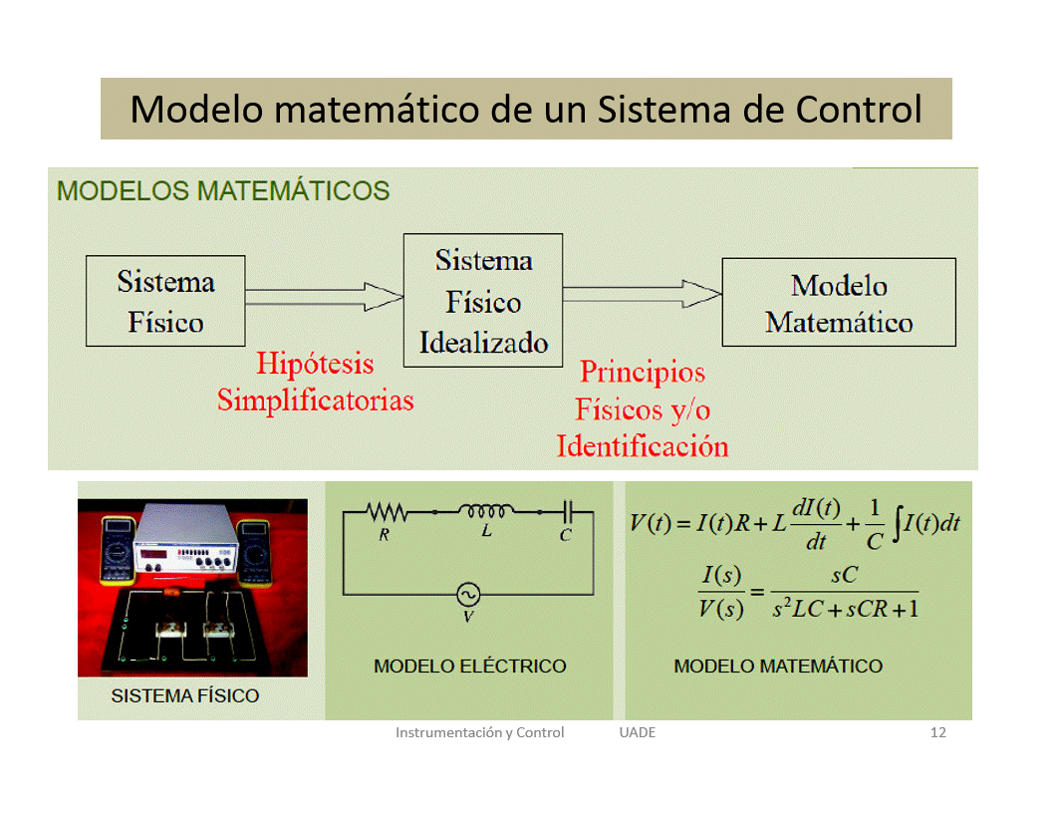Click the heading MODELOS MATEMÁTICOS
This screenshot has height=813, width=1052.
223,191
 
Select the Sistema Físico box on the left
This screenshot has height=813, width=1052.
165,301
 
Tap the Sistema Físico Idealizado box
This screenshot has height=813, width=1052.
483,301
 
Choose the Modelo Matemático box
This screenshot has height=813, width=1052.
839,303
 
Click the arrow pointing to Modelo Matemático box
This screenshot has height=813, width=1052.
643,295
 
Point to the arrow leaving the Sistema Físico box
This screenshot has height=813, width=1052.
325,297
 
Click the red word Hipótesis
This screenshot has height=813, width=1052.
316,364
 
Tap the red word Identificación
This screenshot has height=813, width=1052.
643,446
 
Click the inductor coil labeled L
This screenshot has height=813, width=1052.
486,511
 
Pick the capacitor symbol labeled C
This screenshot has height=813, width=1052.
568,512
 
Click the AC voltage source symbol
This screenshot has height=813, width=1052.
468,595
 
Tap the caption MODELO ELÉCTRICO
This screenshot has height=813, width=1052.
469,667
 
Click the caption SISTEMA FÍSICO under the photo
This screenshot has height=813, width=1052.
185,696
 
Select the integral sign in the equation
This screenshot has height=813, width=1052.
897,524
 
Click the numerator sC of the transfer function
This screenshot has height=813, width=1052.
845,575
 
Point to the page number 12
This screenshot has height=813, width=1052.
938,732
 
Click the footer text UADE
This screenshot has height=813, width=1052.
638,732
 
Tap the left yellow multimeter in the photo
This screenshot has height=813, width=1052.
119,549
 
